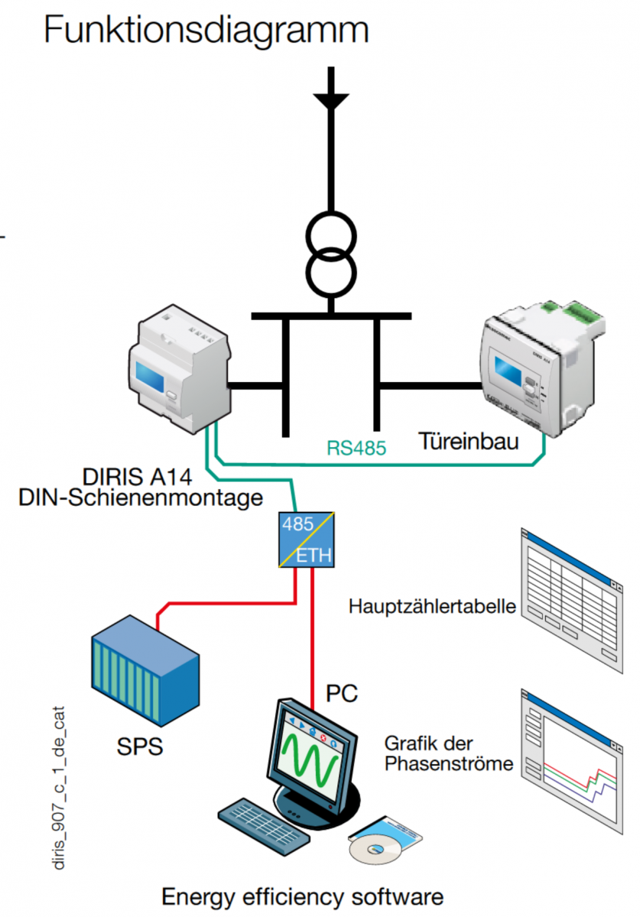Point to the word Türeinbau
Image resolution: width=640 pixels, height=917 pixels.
tap(469, 441)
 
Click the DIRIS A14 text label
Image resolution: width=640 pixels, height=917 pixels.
tap(138, 479)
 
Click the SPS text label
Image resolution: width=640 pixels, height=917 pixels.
tap(139, 746)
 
